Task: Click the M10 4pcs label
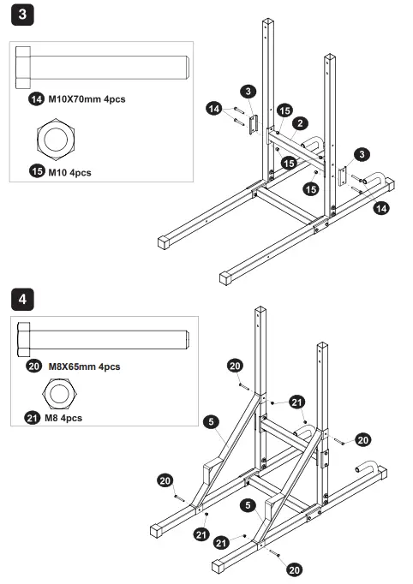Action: point(69,172)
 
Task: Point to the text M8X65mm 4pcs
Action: point(84,366)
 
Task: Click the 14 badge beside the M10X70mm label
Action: point(37,100)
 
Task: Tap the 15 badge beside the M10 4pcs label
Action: point(37,172)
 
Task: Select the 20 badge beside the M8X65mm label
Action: point(35,366)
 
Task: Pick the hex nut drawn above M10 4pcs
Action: point(57,136)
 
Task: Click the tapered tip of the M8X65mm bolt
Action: point(183,337)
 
